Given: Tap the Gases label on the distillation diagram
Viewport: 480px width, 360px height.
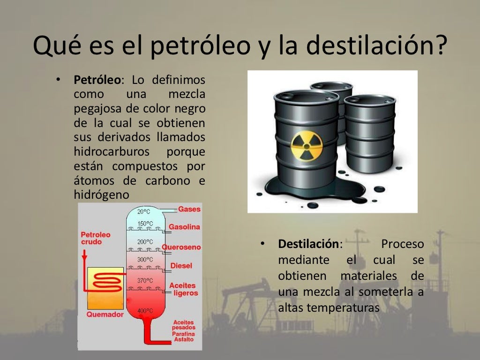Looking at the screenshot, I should [x=189, y=209].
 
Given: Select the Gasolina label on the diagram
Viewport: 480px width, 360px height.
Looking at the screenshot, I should [x=184, y=227].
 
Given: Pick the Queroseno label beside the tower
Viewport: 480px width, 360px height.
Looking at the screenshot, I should [x=182, y=247].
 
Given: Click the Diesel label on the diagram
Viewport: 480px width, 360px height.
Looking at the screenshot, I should [x=181, y=266].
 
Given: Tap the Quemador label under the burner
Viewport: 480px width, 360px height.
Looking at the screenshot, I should [x=105, y=315].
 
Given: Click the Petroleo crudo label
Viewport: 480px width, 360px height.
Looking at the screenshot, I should [x=95, y=238].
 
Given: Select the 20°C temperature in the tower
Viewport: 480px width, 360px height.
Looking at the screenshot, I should [x=143, y=211].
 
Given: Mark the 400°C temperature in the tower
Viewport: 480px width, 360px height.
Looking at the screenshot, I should [x=145, y=311].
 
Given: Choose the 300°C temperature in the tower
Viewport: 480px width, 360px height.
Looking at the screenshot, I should [x=145, y=259].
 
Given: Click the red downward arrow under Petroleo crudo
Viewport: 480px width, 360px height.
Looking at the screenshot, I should [x=84, y=255].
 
